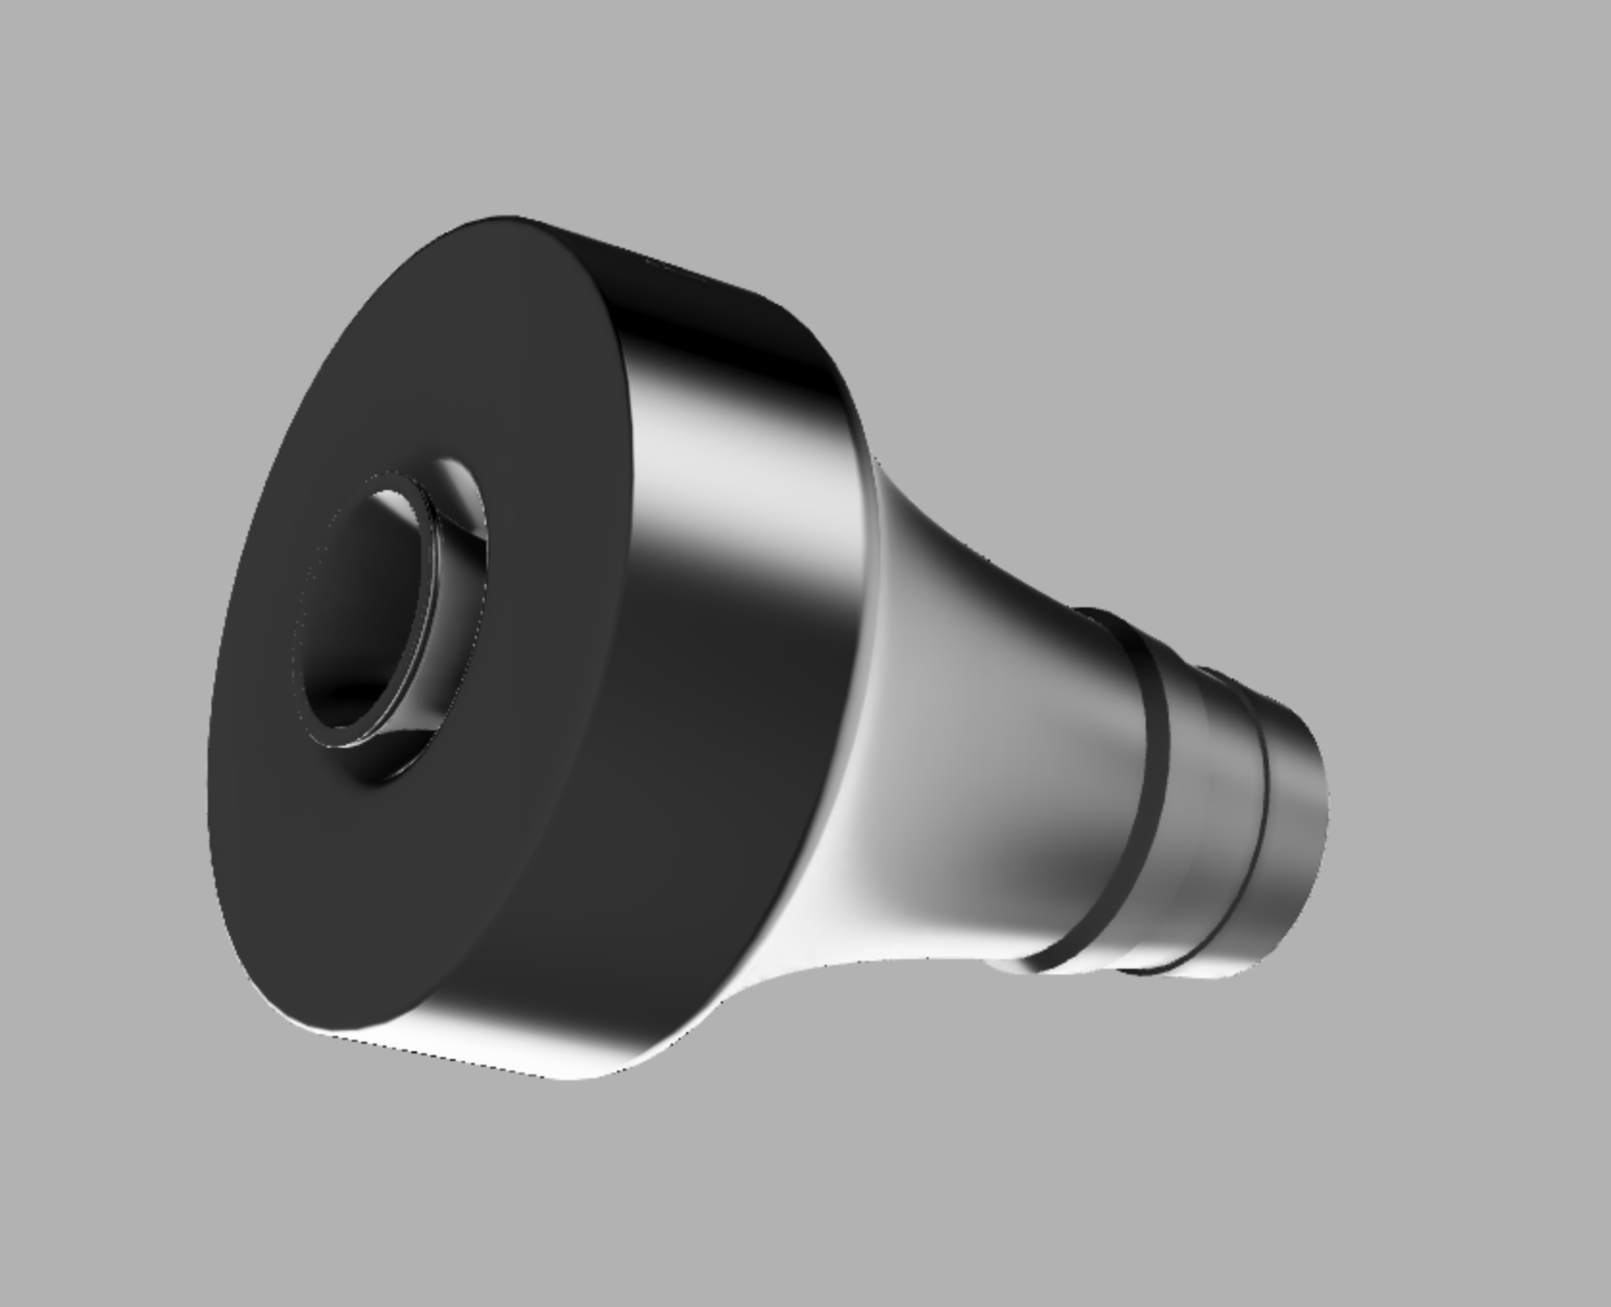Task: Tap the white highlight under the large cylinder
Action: [x=538, y=1057]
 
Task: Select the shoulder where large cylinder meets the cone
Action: [x=865, y=481]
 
